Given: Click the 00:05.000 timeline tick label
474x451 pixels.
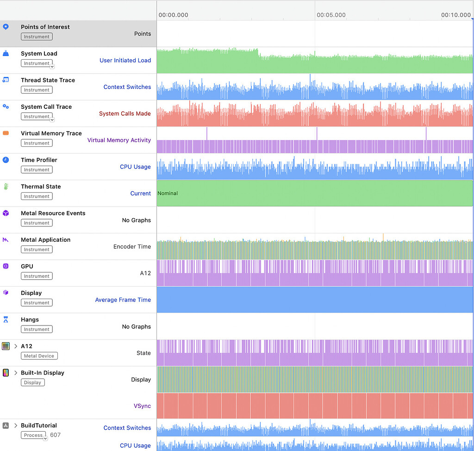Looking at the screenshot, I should [331, 15].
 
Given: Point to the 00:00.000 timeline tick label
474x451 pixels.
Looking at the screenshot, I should [173, 15].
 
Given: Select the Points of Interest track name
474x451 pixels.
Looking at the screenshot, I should [45, 27].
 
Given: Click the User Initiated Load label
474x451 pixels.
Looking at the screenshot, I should [125, 60].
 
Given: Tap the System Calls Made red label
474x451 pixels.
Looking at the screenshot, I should [125, 113].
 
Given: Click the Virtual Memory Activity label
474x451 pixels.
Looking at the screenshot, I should [119, 140].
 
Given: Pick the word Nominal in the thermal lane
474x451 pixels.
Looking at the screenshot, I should [168, 194].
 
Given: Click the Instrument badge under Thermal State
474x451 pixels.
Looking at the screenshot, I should [37, 196].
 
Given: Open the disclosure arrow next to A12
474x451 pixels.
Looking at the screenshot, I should [16, 346].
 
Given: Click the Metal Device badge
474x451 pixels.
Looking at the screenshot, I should [39, 356].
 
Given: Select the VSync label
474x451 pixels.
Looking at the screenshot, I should [142, 406].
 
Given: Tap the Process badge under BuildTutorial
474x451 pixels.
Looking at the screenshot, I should [33, 435].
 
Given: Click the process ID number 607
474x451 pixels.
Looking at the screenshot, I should [55, 435].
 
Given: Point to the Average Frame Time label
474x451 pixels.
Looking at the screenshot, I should [123, 300].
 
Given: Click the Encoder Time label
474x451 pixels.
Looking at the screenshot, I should [132, 247].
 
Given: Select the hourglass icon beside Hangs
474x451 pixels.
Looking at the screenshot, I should [6, 320].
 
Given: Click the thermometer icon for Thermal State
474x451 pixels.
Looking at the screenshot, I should [6, 187].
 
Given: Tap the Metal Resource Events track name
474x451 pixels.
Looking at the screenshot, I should [53, 213].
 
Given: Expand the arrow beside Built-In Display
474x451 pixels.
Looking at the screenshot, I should [16, 373].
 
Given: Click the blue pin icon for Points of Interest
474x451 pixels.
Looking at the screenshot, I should [6, 27].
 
